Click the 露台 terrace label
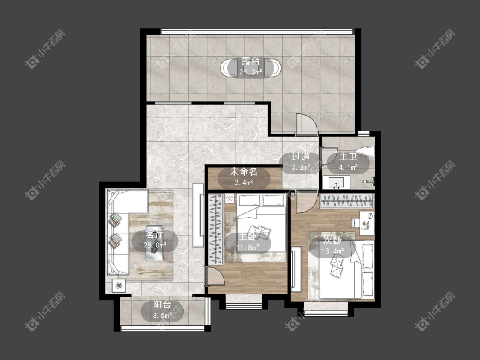(x=250, y=61)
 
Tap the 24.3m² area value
(x=250, y=72)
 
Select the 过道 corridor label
(x=300, y=157)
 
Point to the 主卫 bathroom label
(x=348, y=157)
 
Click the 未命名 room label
(x=244, y=172)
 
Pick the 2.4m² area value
(x=244, y=183)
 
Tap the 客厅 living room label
(x=154, y=235)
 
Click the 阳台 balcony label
(x=162, y=305)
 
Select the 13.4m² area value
(x=332, y=251)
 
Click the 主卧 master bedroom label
(x=247, y=236)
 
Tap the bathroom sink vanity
(x=336, y=183)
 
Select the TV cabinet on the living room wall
(x=198, y=215)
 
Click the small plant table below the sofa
(x=119, y=286)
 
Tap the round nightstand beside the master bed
(x=230, y=198)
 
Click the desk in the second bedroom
(x=367, y=223)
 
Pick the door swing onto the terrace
(x=306, y=125)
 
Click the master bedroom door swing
(x=215, y=276)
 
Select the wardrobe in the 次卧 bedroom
(x=347, y=201)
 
